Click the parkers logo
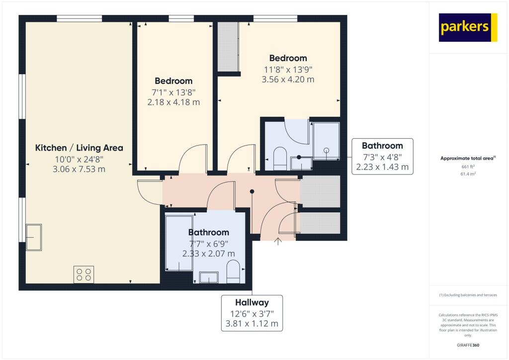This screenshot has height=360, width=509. (x=469, y=27)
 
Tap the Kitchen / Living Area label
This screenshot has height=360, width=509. (x=79, y=148)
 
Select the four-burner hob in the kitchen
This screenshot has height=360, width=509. (x=84, y=274)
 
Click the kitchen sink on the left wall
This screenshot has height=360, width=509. (x=35, y=238)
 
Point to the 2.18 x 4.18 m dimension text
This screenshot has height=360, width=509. (x=173, y=102)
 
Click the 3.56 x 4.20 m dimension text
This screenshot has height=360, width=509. (x=288, y=80)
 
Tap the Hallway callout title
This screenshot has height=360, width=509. (x=252, y=302)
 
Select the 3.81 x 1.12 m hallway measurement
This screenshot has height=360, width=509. (x=252, y=325)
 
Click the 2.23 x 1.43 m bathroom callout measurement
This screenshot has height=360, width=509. (x=382, y=168)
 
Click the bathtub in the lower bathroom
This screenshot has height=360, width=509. (x=178, y=243)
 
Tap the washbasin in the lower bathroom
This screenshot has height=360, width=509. (x=209, y=277)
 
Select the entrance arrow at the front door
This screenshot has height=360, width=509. (x=277, y=242)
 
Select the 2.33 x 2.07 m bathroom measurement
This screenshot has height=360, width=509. (x=208, y=254)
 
